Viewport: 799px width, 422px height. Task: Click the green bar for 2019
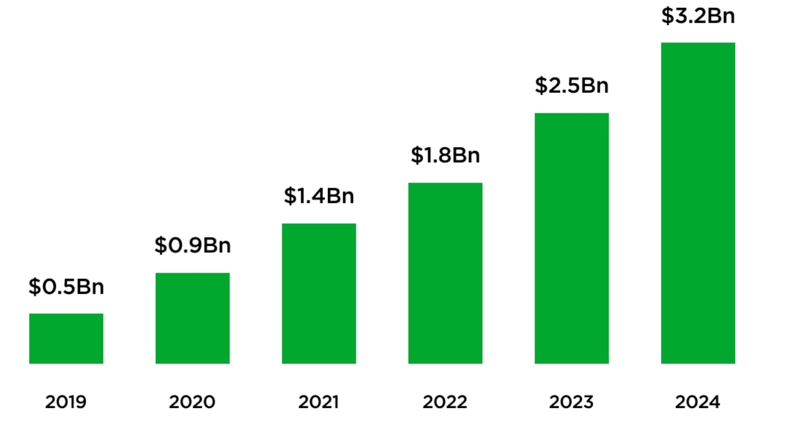pyautogui.click(x=66, y=338)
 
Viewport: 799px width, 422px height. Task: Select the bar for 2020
pyautogui.click(x=192, y=318)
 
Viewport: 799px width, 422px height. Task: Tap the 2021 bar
pyautogui.click(x=319, y=294)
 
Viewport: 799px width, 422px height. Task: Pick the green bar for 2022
pyautogui.click(x=445, y=273)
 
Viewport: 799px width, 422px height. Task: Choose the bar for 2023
pyautogui.click(x=572, y=238)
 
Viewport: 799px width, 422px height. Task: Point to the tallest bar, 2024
pyautogui.click(x=698, y=203)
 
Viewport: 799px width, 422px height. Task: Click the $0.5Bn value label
pyautogui.click(x=66, y=287)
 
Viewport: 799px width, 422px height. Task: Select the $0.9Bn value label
pyautogui.click(x=192, y=245)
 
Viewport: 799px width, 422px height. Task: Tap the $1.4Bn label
pyautogui.click(x=319, y=196)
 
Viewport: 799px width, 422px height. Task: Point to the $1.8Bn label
pyautogui.click(x=445, y=155)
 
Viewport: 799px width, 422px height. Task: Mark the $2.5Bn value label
pyautogui.click(x=572, y=85)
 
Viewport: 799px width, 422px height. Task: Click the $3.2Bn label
pyautogui.click(x=698, y=16)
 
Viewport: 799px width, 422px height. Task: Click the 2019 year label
pyautogui.click(x=66, y=402)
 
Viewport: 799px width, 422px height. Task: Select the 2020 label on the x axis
pyautogui.click(x=192, y=402)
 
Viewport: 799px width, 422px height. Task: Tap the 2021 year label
pyautogui.click(x=319, y=402)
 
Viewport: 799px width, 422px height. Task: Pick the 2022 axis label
pyautogui.click(x=445, y=402)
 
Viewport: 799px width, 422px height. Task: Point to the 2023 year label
pyautogui.click(x=572, y=402)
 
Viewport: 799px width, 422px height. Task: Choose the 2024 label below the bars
pyautogui.click(x=698, y=402)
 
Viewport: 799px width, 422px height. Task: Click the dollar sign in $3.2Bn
pyautogui.click(x=667, y=16)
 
